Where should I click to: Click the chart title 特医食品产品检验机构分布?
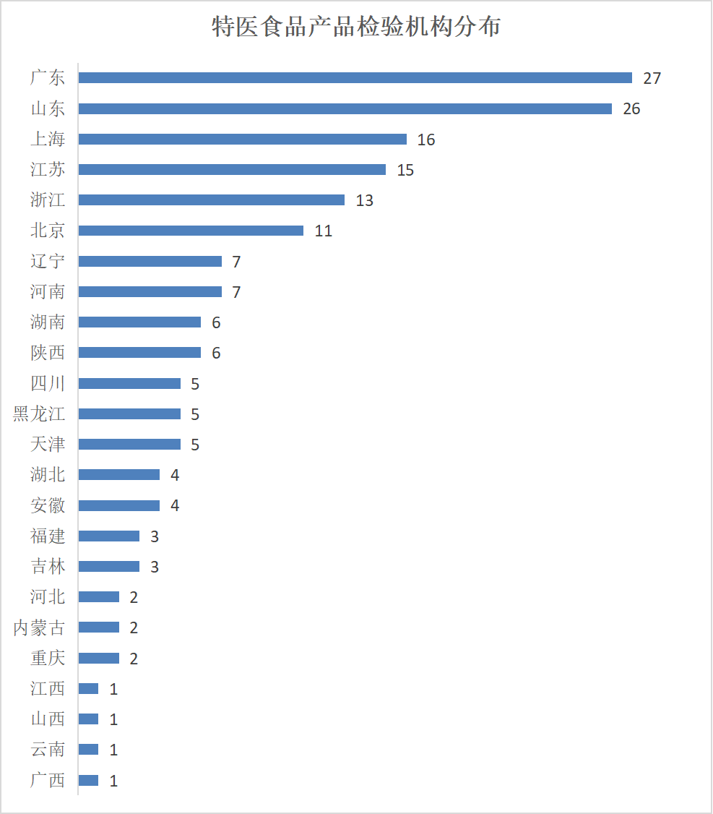[356, 27]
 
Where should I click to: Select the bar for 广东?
[355, 78]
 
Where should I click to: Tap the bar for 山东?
[345, 108]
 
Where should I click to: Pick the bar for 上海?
[242, 139]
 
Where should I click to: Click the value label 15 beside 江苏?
[405, 170]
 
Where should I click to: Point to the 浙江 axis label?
[48, 200]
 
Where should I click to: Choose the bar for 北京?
[191, 231]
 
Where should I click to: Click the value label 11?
[323, 231]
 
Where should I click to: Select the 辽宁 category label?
[48, 261]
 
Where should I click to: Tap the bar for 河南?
[150, 291]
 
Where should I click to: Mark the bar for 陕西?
[139, 353]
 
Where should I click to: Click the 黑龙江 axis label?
[39, 414]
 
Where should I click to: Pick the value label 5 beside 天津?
[195, 445]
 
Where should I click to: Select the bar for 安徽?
[119, 505]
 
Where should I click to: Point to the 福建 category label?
[48, 536]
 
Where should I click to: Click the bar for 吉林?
[108, 566]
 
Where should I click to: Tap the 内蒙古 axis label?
[39, 627]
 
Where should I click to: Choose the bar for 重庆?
[98, 658]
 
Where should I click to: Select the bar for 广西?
[88, 780]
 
